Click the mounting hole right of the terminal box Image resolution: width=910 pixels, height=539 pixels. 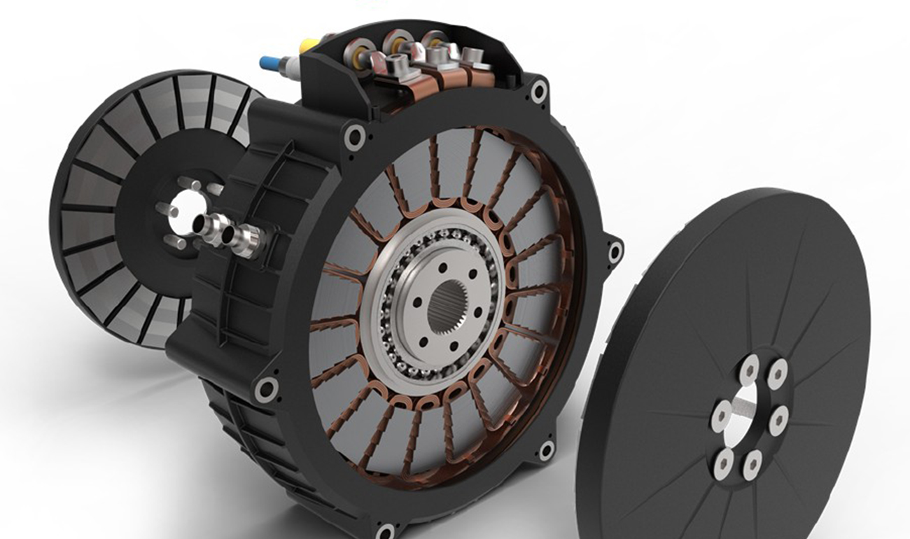pos(539,91)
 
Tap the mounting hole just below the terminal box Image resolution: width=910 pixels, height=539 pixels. pos(354,132)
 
